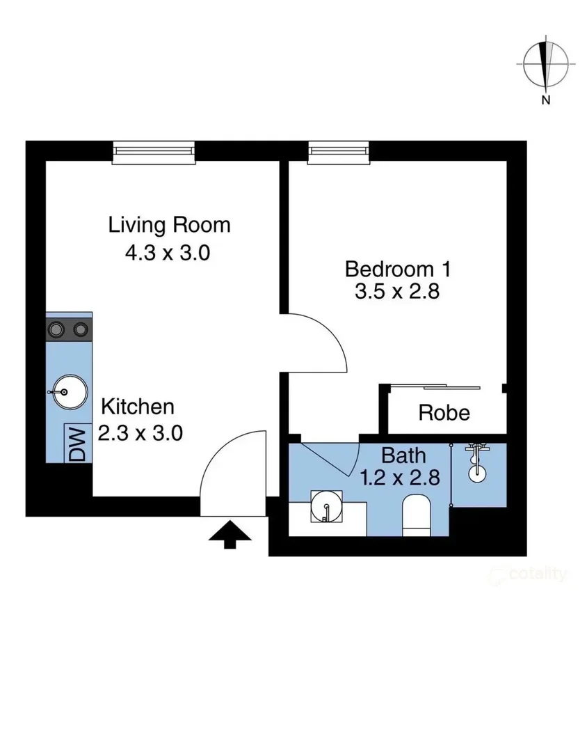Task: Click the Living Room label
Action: tap(169, 225)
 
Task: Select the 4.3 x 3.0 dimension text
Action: tap(167, 252)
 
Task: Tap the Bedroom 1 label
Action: tap(399, 267)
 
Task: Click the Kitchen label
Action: tap(138, 407)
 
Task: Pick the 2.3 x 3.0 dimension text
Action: tap(140, 433)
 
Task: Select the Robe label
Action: tap(444, 413)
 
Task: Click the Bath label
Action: tap(403, 456)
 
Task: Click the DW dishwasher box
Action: tap(78, 443)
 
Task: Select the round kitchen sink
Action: tap(69, 392)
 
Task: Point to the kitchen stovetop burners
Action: tap(69, 328)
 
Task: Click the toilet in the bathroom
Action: tap(418, 515)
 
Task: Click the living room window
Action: tap(154, 152)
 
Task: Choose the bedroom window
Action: tap(339, 152)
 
